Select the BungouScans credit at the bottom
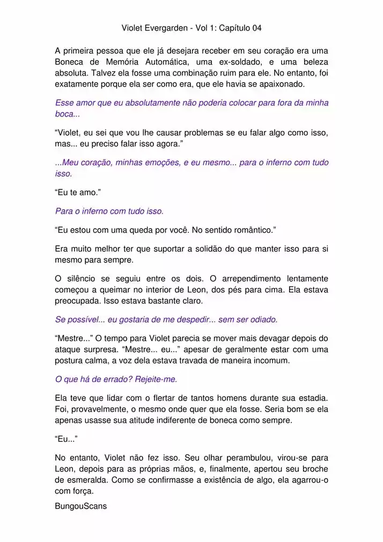[x=81, y=506]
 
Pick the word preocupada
[x=78, y=301]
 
